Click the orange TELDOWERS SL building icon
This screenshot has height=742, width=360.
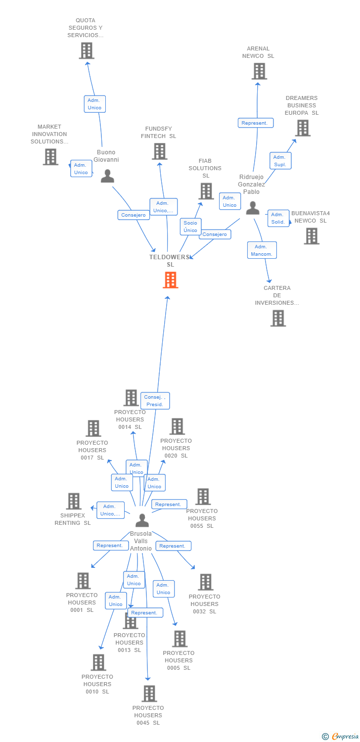point(170,280)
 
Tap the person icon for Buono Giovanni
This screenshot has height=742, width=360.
point(107,176)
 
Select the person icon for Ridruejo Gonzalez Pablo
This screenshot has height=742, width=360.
point(253,208)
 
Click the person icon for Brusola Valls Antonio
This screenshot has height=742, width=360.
point(142,520)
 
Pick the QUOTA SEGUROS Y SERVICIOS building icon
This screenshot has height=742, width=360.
point(87,50)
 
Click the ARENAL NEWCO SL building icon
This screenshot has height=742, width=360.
point(259,71)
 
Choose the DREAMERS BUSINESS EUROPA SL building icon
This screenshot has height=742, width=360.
point(302,128)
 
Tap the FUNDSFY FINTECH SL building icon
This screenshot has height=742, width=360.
point(159,151)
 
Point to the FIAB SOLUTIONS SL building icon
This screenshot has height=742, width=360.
point(206,191)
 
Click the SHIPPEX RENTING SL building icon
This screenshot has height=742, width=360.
point(74,501)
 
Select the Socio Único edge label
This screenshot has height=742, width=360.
point(190,227)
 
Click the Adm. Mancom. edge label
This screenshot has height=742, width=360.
point(262,250)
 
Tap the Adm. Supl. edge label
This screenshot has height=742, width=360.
point(280,161)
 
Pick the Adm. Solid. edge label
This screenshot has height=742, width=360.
point(278,218)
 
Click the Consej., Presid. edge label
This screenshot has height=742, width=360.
point(155,400)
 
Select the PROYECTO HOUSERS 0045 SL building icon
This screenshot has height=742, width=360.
point(149,694)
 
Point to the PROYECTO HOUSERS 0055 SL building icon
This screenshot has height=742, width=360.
point(203,497)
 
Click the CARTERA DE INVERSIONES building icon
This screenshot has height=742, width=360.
point(278,318)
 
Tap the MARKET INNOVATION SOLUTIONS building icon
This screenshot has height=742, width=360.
point(50,157)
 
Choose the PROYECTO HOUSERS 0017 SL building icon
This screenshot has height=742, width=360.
point(93,428)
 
